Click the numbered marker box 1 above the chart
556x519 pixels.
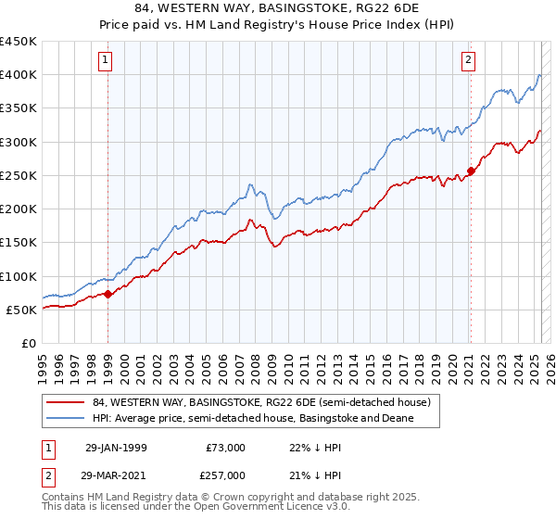(107, 61)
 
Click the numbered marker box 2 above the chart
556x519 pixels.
(469, 61)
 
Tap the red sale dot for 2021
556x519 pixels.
(471, 171)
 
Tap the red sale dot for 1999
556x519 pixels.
(107, 294)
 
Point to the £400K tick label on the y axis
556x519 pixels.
(19, 75)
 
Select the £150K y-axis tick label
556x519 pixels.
(19, 243)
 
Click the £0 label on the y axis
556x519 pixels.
(29, 344)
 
